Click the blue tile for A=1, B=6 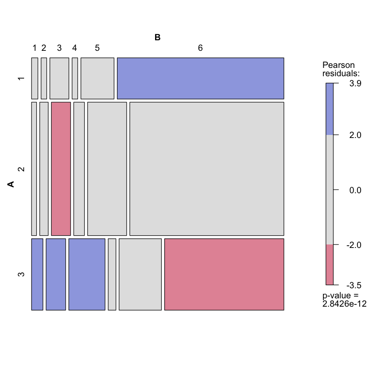[200, 78]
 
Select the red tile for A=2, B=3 [61, 169]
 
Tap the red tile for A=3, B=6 [224, 274]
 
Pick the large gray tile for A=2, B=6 [206, 169]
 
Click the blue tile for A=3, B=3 [87, 274]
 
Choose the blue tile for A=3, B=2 [56, 274]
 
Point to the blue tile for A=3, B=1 [37, 274]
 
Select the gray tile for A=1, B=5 [97, 78]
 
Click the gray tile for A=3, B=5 [140, 274]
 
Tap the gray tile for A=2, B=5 [107, 169]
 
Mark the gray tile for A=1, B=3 [59, 78]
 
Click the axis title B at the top [158, 38]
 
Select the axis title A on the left [11, 184]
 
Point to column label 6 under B [200, 48]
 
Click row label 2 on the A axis [20, 169]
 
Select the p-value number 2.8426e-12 [344, 303]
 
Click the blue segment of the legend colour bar [329, 109]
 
